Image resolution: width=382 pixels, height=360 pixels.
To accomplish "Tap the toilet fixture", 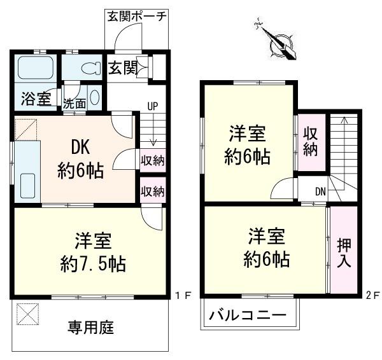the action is coord(91,69).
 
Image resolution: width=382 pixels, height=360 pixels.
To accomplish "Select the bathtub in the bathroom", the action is coord(35,67).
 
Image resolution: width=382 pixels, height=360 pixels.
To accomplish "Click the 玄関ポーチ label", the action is coord(137,17).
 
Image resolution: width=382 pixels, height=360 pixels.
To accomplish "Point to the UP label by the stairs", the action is coord(153,106).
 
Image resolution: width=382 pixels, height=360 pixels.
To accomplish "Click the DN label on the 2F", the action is coord(321,192).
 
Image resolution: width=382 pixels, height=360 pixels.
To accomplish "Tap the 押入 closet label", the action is coord(344,253).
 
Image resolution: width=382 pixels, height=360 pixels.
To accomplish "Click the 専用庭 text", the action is coord(90,328).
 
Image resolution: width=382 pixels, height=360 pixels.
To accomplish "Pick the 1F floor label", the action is coord(183,296).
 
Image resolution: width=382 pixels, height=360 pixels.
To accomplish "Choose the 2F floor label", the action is coord(372,296).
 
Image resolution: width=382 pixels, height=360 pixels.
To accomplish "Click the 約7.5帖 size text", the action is coord(93,264).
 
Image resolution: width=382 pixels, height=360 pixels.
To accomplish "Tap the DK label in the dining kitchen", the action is coord(80,147).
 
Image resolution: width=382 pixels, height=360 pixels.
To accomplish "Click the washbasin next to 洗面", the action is coord(94,97).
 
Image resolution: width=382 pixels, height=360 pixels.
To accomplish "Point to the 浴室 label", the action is coord(36,99).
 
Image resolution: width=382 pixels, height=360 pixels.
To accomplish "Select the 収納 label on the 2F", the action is coord(311,142).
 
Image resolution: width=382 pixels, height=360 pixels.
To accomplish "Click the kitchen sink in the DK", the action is coord(27,186).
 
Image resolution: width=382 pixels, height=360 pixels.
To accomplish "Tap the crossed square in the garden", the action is coord(27,314).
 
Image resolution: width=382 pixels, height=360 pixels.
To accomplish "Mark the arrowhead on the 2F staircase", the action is coord(344,120).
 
